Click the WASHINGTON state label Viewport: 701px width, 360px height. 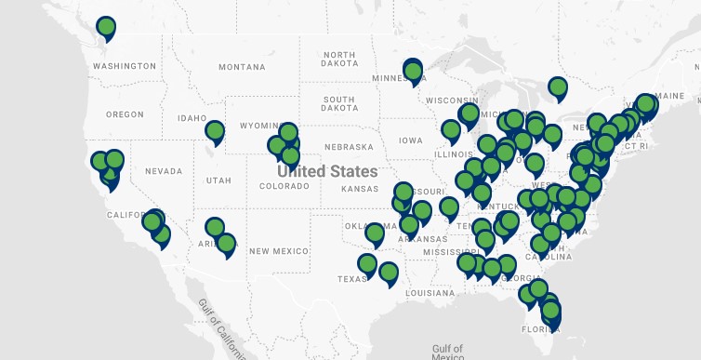pos(124,66)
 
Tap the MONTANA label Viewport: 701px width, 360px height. pos(242,67)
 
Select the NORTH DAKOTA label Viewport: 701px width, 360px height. pos(339,60)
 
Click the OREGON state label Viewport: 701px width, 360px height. pos(125,114)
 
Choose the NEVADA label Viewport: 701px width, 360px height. pos(164,171)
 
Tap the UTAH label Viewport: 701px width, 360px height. pos(219,180)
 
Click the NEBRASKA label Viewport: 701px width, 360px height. pos(348,148)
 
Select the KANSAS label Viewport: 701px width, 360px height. pos(360,189)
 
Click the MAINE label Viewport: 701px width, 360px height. pos(669,96)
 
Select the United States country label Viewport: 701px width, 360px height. pos(327,172)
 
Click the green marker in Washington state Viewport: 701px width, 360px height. pos(107,27)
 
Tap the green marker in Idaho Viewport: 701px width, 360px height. pos(215,131)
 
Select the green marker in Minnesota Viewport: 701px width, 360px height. pos(414,71)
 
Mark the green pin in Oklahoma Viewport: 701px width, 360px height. pos(375,232)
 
